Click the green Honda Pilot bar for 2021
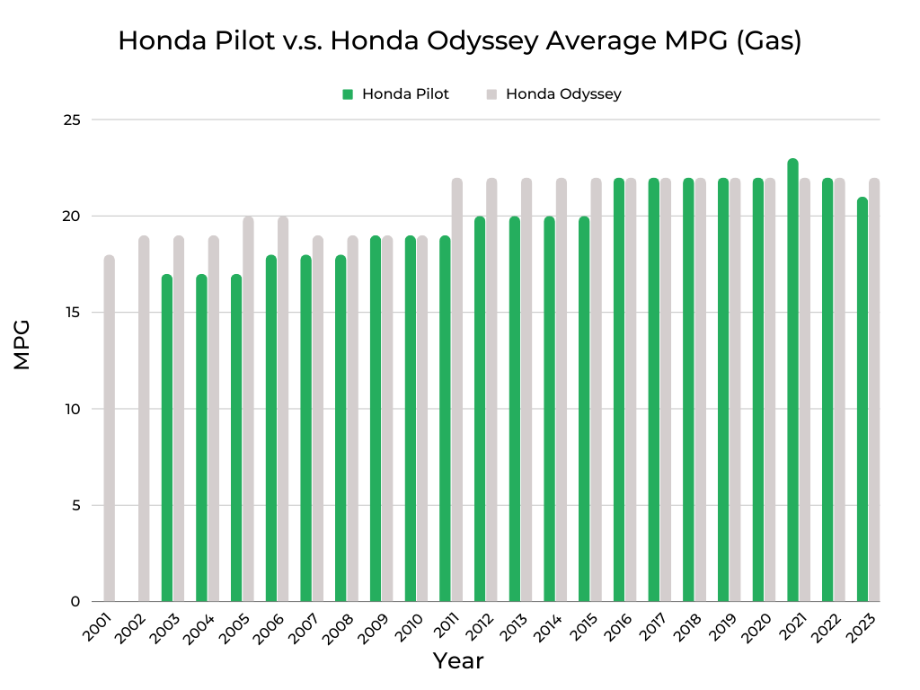[792, 382]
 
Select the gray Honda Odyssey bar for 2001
[110, 429]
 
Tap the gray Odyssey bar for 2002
[144, 420]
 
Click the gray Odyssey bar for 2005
[248, 410]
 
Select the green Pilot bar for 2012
[480, 410]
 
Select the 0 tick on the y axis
[75, 602]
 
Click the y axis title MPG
[22, 344]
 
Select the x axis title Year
[458, 661]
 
